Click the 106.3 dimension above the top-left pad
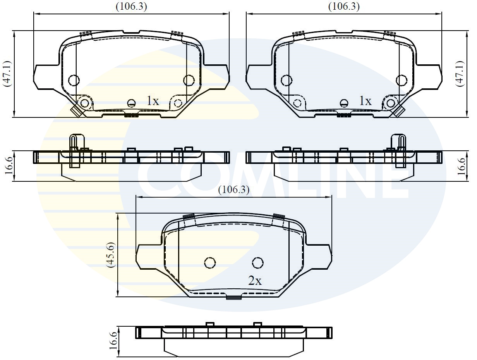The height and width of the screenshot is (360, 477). tap(132, 7)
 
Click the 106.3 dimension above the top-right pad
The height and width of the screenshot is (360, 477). tap(344, 7)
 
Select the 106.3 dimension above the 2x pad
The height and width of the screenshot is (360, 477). tap(234, 190)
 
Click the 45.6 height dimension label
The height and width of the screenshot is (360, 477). tap(111, 255)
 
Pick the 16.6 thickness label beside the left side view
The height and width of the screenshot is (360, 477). tap(8, 166)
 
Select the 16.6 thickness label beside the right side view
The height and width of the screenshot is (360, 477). tap(460, 166)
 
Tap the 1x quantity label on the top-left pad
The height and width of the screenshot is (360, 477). tap(153, 101)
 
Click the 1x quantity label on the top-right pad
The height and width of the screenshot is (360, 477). tap(365, 101)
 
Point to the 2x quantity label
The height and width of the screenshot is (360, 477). tap(255, 281)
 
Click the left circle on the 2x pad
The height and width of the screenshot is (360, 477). tap(210, 263)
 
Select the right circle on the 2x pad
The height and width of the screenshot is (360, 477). tap(258, 263)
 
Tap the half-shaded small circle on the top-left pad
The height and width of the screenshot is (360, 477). tap(132, 103)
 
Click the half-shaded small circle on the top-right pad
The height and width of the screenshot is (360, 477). tap(344, 103)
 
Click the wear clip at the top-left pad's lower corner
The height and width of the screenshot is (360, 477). tap(77, 111)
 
